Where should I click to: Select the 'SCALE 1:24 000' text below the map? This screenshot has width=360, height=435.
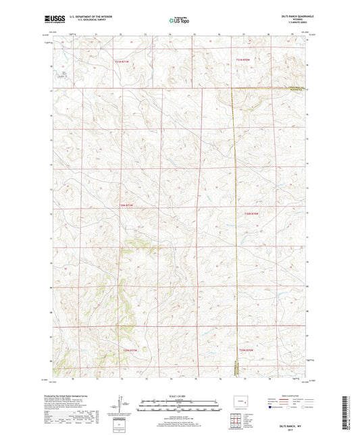point(179,394)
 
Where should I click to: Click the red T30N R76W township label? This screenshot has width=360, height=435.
point(251,213)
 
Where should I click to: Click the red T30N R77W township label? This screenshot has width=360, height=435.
point(127,205)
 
